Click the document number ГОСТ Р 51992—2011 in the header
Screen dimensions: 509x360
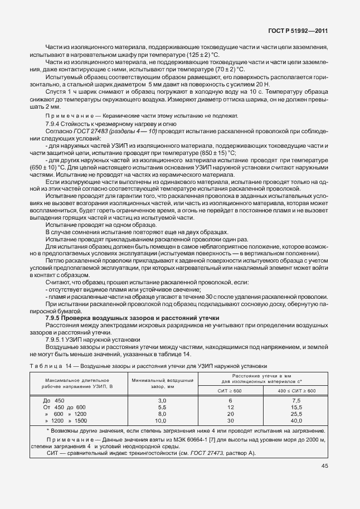[298, 33]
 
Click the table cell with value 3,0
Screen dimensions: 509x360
[163, 401]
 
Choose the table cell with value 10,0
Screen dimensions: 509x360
[163, 421]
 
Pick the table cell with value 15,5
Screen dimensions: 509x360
[296, 408]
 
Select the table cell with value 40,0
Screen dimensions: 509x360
[296, 421]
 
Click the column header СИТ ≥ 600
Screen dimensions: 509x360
[230, 391]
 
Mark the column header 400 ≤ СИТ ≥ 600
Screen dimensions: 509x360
[296, 391]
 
